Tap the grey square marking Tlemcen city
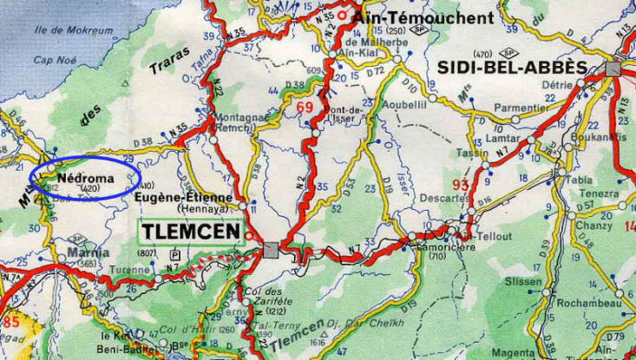[272, 250]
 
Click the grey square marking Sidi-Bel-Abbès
[615, 69]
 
